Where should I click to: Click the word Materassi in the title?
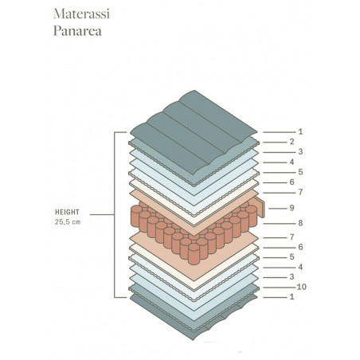[x=81, y=14]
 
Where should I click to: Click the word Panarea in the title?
[x=77, y=31]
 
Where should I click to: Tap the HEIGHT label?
[x=67, y=212]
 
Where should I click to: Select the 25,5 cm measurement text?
[x=68, y=221]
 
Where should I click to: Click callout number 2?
[x=292, y=142]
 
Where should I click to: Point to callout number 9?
[x=292, y=208]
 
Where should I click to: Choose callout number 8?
[x=300, y=223]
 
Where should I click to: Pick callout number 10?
[x=301, y=287]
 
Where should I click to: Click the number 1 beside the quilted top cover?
[x=300, y=131]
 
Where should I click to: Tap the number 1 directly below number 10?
[x=292, y=296]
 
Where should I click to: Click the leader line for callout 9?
[x=278, y=209]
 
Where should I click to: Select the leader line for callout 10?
[x=280, y=288]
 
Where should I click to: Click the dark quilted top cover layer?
[x=194, y=130]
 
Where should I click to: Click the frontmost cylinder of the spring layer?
[x=194, y=254]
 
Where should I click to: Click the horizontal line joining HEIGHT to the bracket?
[x=102, y=214]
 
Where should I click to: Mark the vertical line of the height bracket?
[x=115, y=214]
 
